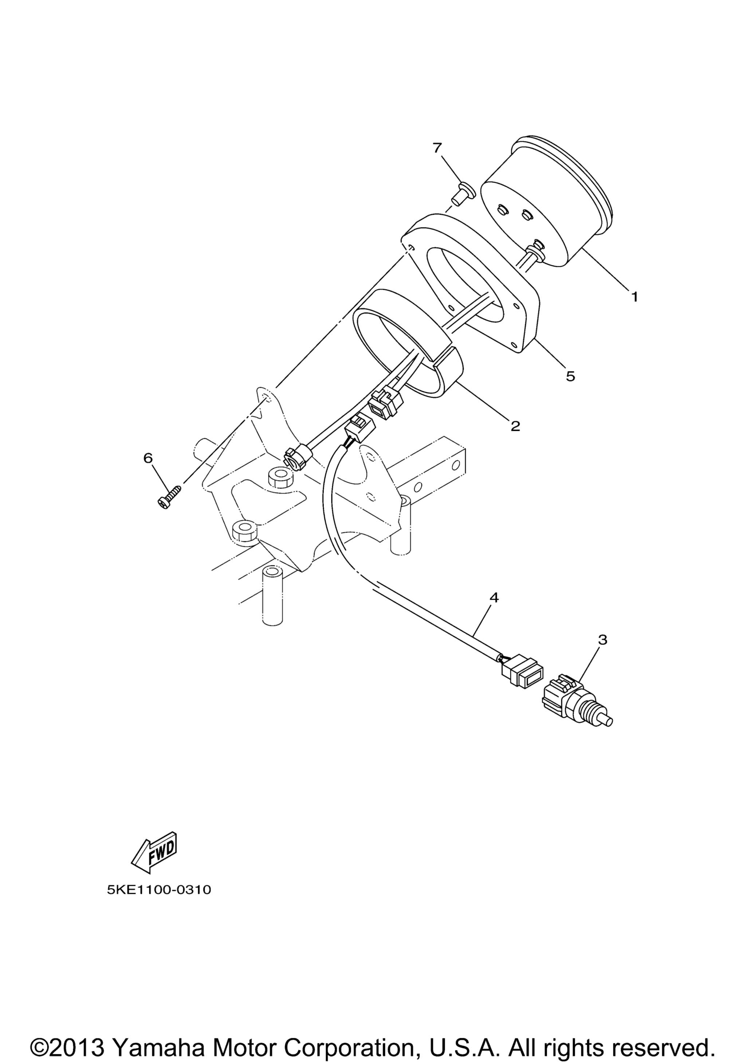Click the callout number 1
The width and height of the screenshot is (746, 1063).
pyautogui.click(x=635, y=296)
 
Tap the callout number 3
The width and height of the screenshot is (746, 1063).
pyautogui.click(x=602, y=640)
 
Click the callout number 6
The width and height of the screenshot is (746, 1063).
pyautogui.click(x=148, y=458)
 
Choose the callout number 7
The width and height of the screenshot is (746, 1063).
pyautogui.click(x=437, y=148)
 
